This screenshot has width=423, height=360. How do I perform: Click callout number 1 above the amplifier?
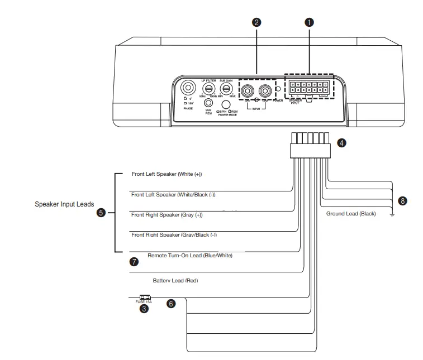(308, 22)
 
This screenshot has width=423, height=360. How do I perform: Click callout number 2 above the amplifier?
(256, 22)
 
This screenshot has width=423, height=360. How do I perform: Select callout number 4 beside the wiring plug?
(342, 143)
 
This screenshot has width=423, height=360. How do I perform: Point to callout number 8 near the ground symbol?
(402, 200)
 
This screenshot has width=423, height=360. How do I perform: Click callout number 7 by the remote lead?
(134, 261)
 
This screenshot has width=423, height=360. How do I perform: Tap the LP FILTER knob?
(209, 89)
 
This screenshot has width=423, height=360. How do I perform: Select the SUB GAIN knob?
(226, 89)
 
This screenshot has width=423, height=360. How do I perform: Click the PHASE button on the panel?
(186, 88)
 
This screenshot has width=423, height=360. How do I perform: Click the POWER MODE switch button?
(226, 104)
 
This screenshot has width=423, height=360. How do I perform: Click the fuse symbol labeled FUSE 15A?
(145, 297)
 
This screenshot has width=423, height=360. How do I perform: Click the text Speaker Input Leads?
(64, 204)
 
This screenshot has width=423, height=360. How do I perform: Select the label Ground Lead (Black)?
(351, 214)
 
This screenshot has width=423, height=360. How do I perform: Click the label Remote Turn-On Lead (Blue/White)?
(190, 255)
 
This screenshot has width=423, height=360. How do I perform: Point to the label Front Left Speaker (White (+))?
(167, 174)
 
